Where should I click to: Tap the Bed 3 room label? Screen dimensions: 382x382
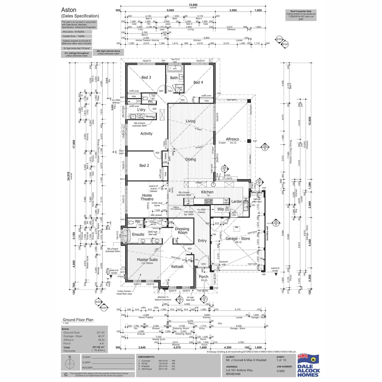click(x=146, y=77)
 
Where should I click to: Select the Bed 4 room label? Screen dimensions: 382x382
click(x=198, y=82)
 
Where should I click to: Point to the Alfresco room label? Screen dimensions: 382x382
click(x=234, y=140)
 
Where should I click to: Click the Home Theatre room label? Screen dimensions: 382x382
click(x=147, y=197)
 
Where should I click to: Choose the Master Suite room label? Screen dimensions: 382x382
click(x=147, y=260)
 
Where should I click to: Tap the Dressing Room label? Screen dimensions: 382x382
click(x=182, y=231)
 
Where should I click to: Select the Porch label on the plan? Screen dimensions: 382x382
click(x=203, y=277)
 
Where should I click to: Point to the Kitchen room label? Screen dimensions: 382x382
click(x=207, y=192)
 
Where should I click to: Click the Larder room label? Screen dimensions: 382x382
click(x=237, y=201)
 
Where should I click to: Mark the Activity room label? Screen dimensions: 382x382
click(x=146, y=133)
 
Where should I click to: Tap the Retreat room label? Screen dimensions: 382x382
click(x=177, y=266)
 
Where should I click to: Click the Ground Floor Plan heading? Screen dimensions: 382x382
click(x=78, y=319)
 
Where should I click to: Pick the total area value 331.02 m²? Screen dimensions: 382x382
click(x=99, y=347)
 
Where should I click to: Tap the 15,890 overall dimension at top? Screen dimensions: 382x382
click(x=193, y=5)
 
